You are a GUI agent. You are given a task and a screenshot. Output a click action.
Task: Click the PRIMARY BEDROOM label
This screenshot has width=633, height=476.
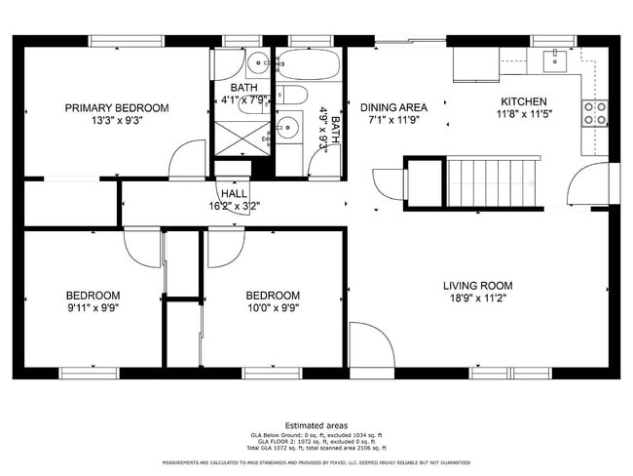(117, 107)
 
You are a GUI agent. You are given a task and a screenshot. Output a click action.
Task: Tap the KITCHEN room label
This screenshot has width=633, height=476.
(524, 101)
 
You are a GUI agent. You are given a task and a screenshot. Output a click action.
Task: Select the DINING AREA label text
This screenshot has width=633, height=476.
(393, 107)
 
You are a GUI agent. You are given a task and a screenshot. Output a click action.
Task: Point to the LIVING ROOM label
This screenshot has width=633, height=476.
(477, 286)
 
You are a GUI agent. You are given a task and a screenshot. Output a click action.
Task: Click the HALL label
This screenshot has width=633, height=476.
(232, 193)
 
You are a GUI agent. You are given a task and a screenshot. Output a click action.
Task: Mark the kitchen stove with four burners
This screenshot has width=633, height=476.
(594, 113)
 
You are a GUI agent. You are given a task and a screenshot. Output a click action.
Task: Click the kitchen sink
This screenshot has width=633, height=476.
(552, 59)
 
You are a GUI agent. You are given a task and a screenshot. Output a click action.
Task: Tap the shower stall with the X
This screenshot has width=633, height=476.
(235, 138)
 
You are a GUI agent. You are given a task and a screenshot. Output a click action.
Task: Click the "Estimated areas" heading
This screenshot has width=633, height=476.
(316, 425)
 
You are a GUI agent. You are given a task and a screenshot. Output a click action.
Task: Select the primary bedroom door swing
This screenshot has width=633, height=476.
(187, 160)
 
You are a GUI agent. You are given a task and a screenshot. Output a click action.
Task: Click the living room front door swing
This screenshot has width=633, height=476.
(371, 346)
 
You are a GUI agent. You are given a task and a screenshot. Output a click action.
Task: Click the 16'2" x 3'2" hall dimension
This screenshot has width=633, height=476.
(232, 206)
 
